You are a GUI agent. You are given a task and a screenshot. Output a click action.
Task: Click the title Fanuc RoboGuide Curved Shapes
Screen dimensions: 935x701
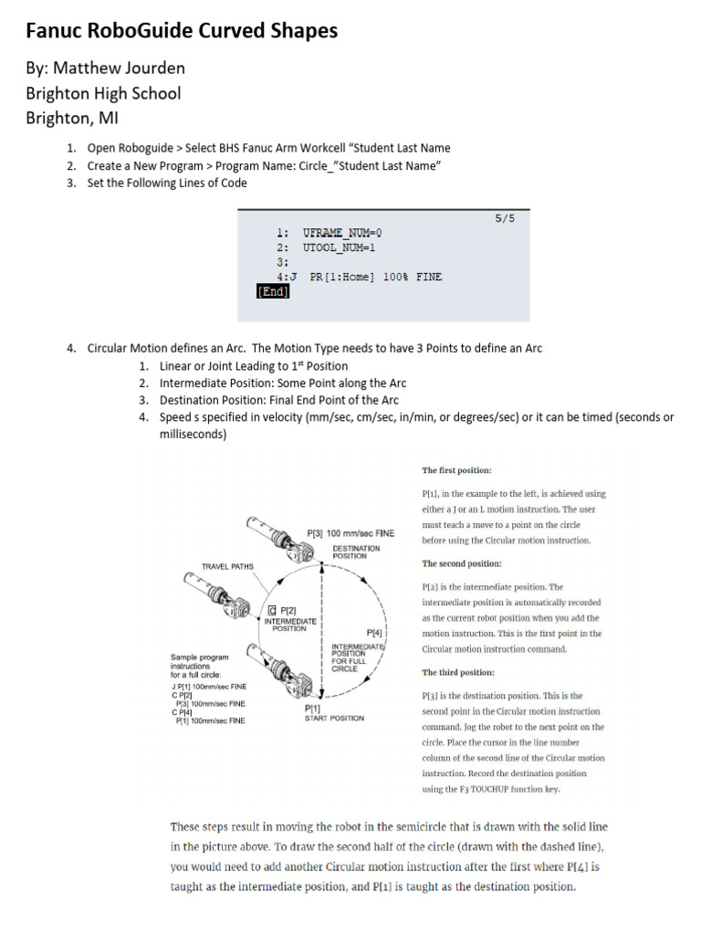click(181, 31)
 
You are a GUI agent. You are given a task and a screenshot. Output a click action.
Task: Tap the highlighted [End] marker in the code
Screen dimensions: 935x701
click(273, 292)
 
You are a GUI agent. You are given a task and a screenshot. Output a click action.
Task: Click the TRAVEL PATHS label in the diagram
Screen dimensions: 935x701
click(227, 566)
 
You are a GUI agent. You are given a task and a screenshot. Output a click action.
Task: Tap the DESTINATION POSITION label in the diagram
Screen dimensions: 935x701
click(356, 552)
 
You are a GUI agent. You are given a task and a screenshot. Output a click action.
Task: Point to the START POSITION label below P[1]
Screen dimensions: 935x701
click(334, 718)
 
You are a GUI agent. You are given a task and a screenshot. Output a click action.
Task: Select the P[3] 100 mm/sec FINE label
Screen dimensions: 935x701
click(350, 533)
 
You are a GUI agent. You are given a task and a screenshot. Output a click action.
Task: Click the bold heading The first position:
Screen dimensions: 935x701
click(456, 470)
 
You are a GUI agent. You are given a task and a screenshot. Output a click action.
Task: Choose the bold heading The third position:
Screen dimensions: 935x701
click(457, 672)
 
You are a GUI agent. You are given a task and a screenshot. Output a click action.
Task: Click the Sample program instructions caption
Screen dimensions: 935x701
click(200, 666)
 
